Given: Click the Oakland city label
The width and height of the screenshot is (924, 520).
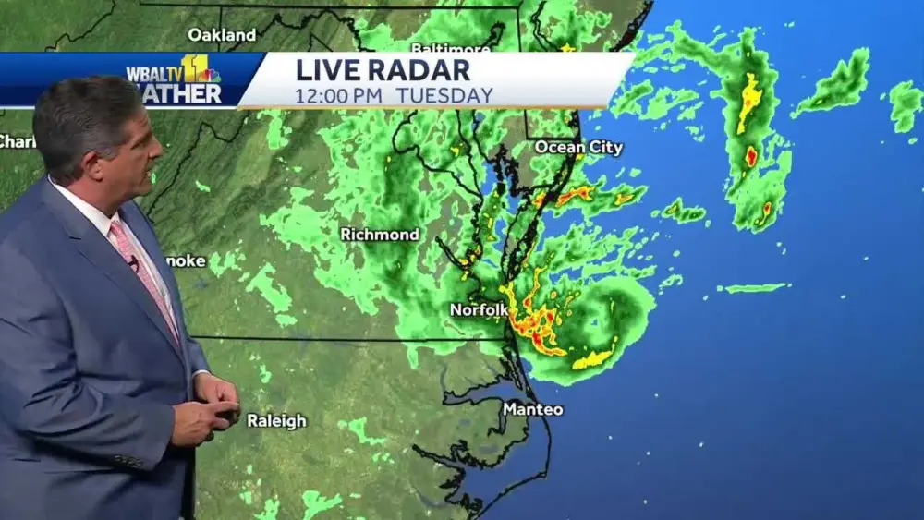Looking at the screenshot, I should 222,35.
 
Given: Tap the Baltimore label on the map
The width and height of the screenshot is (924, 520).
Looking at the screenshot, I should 450,47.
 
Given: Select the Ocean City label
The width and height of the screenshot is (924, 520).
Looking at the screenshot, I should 579,148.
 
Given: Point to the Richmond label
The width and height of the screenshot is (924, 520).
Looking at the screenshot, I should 380,235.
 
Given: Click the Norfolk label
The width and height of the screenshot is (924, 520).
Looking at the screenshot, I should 479,310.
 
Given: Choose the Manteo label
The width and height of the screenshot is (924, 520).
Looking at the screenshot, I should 533,409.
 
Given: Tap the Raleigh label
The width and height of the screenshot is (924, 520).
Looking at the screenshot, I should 276,421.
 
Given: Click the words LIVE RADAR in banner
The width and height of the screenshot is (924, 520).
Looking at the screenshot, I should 383,70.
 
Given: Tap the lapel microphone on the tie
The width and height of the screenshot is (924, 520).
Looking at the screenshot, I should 135,264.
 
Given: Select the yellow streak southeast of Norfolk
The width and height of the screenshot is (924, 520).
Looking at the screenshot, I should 592,359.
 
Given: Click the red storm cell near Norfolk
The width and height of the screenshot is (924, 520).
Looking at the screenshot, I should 537,323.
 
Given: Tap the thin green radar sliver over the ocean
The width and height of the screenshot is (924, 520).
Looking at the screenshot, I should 755,287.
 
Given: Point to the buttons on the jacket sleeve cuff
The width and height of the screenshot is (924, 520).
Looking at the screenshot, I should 129,459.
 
